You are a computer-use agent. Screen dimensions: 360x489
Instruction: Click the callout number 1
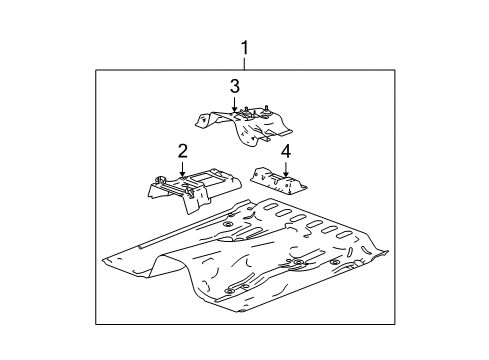point(243,46)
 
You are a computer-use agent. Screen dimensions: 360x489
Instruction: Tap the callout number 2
point(183,151)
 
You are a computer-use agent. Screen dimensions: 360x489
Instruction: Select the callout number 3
point(235,86)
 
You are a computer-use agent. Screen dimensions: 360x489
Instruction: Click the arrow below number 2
point(183,171)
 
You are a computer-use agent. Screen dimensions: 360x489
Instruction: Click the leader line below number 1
point(243,62)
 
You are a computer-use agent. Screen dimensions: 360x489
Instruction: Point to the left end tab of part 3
point(200,122)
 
